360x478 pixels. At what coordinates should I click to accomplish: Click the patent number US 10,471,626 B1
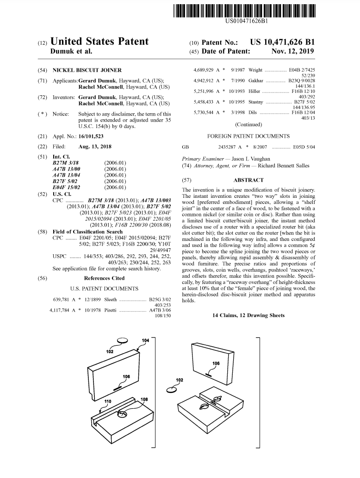pyautogui.click(x=282, y=42)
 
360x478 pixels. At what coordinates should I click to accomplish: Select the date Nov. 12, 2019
pyautogui.click(x=292, y=51)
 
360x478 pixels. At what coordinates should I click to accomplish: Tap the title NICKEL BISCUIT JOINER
pyautogui.click(x=87, y=70)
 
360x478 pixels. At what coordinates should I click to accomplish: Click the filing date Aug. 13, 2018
pyautogui.click(x=95, y=146)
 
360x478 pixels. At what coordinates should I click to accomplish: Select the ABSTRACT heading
pyautogui.click(x=248, y=180)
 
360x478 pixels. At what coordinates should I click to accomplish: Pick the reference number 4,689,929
pyautogui.click(x=203, y=70)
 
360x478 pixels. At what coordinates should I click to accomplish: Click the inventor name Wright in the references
pyautogui.click(x=255, y=70)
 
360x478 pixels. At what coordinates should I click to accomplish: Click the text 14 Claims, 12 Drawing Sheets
pyautogui.click(x=248, y=315)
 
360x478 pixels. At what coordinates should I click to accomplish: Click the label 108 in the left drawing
pyautogui.click(x=144, y=399)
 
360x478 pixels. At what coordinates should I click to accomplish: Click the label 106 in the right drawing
pyautogui.click(x=216, y=363)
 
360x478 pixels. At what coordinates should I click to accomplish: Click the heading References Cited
pyautogui.click(x=104, y=278)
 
